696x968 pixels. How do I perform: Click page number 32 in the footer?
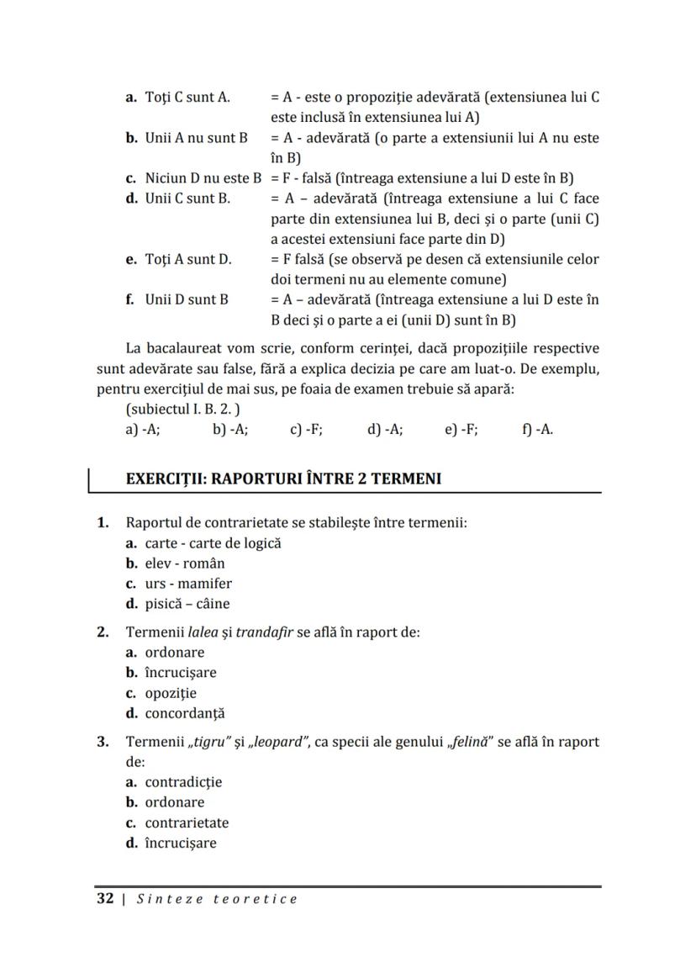pos(105,898)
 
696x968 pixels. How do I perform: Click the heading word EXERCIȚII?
pos(165,479)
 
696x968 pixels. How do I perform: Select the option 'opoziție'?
pos(171,693)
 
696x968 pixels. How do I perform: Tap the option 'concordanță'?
pos(185,714)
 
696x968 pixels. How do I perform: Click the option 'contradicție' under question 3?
pos(183,782)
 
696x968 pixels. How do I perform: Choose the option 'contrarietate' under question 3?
pos(187,823)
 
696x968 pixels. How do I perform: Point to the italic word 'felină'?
pos(467,742)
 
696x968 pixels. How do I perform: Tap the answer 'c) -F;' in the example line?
pos(306,429)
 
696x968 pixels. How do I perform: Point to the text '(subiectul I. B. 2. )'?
pos(182,410)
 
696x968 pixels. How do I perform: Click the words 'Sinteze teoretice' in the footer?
pos(217,899)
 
